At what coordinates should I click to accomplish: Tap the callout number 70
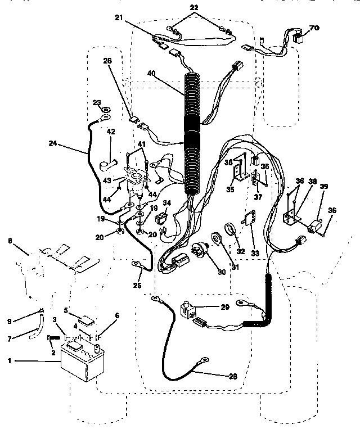pyautogui.click(x=314, y=26)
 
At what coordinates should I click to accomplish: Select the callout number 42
pyautogui.click(x=111, y=132)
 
